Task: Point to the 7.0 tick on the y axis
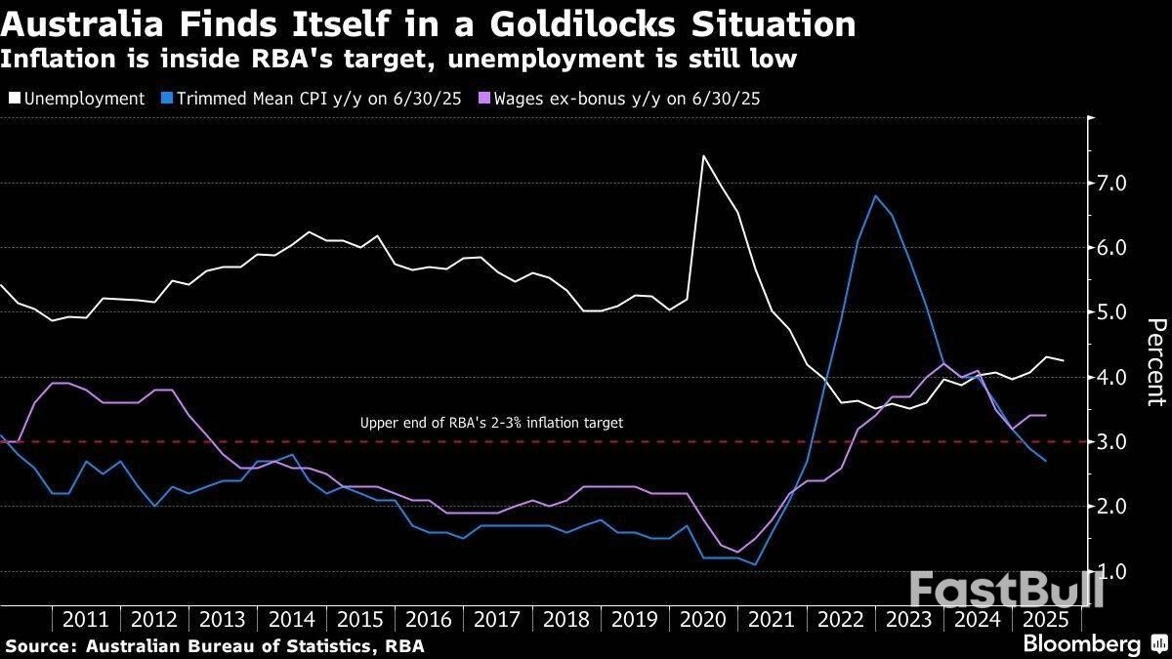[1113, 184]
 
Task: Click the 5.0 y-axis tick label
[1113, 312]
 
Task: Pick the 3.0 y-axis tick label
[1113, 442]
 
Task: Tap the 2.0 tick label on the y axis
[1113, 507]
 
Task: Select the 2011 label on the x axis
[86, 619]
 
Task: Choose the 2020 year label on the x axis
[702, 619]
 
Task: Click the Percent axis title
[1155, 361]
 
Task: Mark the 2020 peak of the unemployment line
[703, 156]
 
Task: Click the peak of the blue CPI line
[875, 196]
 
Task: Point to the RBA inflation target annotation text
[491, 424]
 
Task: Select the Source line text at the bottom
[215, 645]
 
